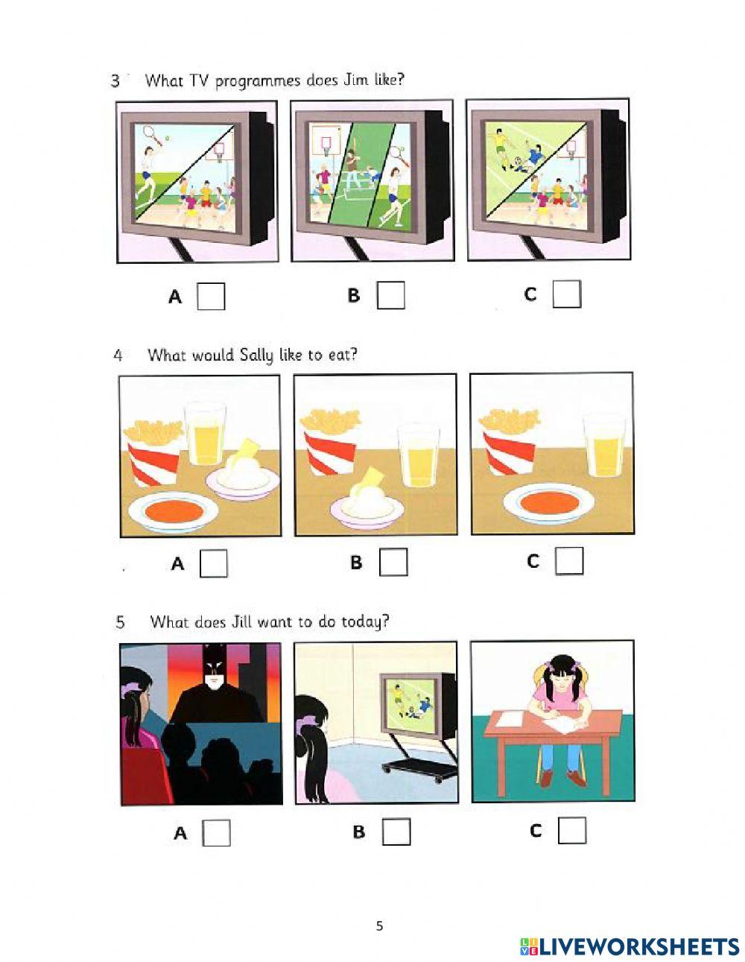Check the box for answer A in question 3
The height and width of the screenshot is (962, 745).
(211, 296)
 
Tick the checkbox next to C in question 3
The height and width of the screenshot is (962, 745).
(566, 294)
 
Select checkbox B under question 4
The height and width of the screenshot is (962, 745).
(393, 562)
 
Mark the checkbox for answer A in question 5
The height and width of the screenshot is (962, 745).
(216, 833)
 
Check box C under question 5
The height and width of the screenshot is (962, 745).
(571, 830)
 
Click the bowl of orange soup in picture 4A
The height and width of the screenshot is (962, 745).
(173, 512)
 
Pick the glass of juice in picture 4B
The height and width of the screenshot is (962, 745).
(418, 456)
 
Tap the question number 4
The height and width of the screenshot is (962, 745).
(118, 355)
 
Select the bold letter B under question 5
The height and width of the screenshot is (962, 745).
(359, 832)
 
